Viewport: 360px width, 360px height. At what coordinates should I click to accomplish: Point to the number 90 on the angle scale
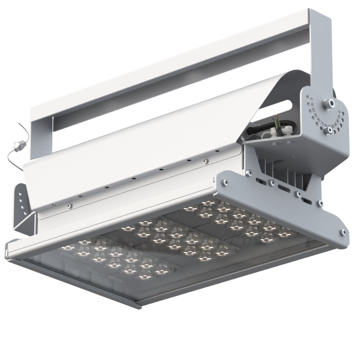click(x=325, y=126)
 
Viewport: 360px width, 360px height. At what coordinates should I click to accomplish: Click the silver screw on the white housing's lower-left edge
click(x=69, y=206)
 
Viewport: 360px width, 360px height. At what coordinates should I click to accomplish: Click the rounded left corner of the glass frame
click(x=11, y=248)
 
